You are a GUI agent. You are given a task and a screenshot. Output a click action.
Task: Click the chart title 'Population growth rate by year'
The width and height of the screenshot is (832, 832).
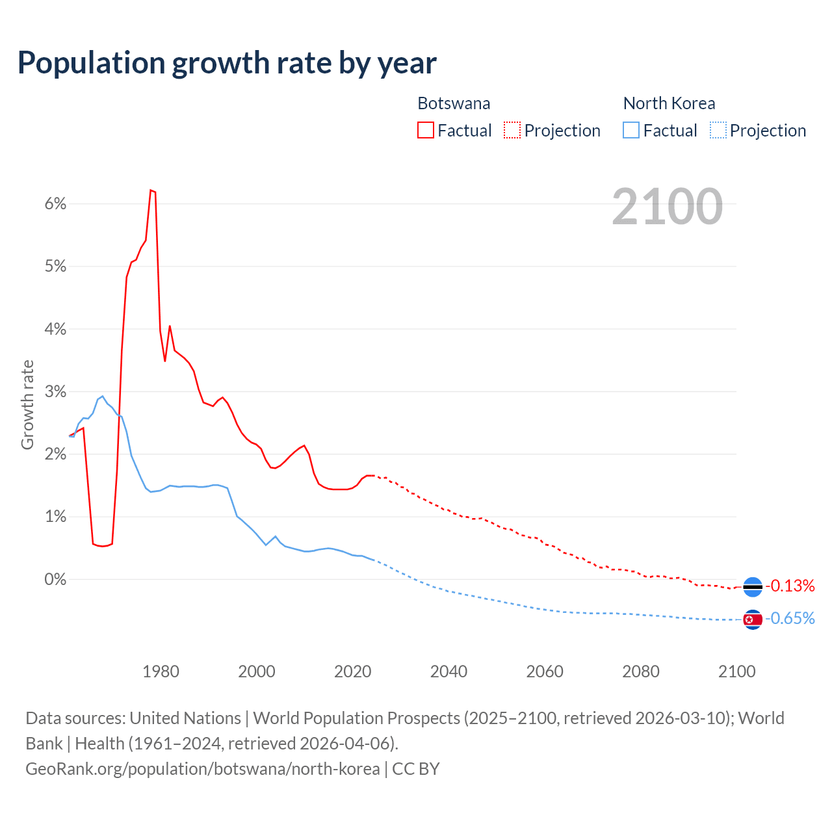click(x=227, y=63)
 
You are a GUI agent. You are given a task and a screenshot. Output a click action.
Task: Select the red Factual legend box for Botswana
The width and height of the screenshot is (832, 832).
click(x=425, y=131)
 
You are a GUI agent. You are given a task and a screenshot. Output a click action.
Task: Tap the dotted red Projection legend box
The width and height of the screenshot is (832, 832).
click(x=512, y=131)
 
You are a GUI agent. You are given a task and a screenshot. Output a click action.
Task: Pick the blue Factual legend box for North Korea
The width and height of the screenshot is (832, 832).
click(x=630, y=131)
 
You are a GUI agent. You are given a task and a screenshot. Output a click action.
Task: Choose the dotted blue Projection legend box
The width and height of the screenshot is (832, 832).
click(x=718, y=131)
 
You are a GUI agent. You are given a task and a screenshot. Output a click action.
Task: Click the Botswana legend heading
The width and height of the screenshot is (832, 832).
click(x=454, y=103)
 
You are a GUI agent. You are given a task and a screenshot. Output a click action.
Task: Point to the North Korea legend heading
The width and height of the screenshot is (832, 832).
click(x=669, y=103)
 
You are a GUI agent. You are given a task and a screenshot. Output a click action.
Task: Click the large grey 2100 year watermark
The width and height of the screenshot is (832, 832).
click(x=667, y=207)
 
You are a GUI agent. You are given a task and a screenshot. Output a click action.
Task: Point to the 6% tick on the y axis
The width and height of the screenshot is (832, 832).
click(x=55, y=204)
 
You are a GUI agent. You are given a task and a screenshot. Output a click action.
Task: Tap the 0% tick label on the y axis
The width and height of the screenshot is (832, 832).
click(x=55, y=579)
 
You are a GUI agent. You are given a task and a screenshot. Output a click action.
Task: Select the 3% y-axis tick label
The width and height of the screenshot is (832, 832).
click(x=55, y=392)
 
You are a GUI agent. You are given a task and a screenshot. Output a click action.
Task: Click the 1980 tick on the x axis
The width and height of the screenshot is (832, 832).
click(x=161, y=671)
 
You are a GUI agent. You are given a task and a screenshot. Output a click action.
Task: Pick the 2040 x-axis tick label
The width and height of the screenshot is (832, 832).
click(x=448, y=671)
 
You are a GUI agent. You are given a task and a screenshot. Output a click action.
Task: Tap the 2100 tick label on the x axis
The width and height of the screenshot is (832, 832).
click(x=736, y=671)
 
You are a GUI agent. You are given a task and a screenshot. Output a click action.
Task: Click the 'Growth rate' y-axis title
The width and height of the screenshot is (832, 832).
click(x=27, y=404)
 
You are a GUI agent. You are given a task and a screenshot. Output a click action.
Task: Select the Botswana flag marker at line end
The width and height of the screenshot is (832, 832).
click(x=752, y=587)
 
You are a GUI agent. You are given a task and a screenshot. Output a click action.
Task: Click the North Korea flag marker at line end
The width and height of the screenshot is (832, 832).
click(x=752, y=619)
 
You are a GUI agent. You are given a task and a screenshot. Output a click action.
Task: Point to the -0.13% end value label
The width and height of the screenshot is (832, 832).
click(x=790, y=586)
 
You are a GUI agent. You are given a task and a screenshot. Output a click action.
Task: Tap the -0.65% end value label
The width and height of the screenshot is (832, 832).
click(x=790, y=619)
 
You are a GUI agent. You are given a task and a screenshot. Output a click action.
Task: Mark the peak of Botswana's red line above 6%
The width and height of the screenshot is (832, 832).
click(x=151, y=190)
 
